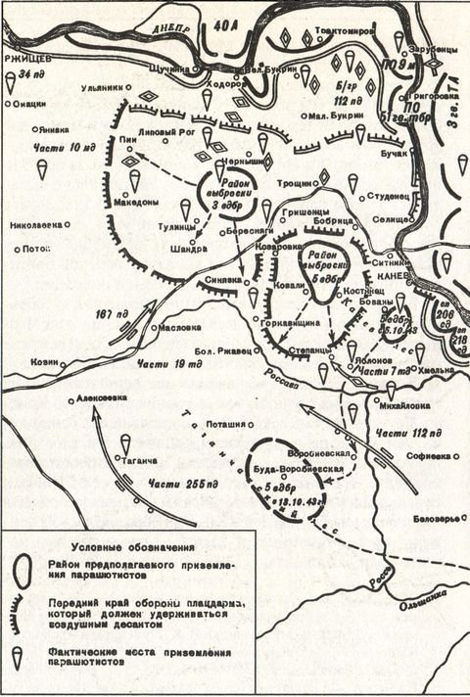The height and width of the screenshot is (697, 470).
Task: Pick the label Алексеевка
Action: click(102, 399)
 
